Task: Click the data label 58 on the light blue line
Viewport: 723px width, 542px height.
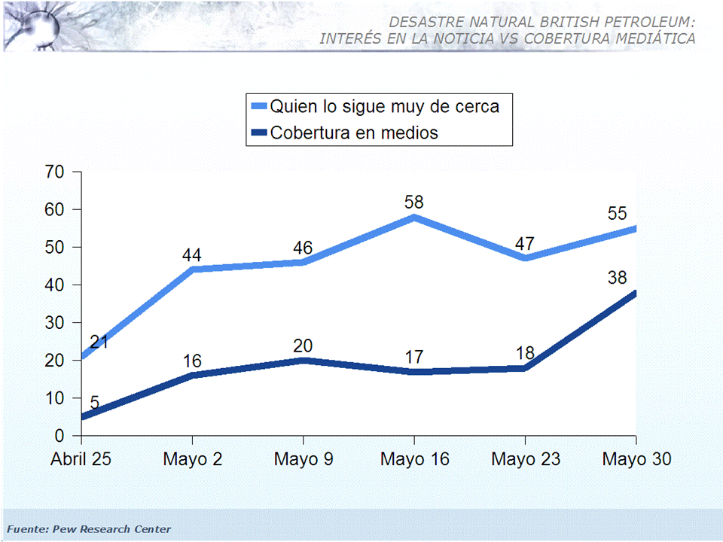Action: point(414,202)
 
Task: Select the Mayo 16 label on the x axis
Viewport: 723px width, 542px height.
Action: point(414,459)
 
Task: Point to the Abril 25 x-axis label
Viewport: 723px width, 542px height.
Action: point(81,459)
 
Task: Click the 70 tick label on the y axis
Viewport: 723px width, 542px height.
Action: point(54,172)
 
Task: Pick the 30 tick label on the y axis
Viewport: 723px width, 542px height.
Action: point(54,323)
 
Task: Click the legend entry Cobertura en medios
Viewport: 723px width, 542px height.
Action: point(354,133)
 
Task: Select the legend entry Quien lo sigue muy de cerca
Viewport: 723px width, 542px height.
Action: point(384,106)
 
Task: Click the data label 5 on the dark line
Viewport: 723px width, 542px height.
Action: point(94,403)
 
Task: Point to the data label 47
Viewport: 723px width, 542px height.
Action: point(525,244)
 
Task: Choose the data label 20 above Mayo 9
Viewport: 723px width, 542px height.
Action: point(304,346)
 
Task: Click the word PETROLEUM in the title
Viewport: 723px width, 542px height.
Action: point(645,23)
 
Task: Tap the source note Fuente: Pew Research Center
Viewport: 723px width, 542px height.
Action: point(89,529)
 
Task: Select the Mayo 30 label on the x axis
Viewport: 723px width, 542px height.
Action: point(636,459)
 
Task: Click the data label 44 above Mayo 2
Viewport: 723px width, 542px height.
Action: point(192,255)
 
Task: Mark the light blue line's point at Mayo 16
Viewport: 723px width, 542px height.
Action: point(414,218)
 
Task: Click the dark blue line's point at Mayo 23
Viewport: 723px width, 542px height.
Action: point(525,368)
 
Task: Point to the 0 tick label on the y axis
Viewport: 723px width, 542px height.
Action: point(59,436)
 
